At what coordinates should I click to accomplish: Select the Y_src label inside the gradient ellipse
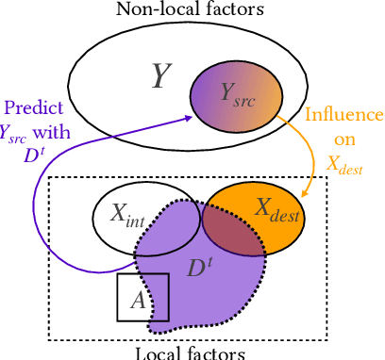click(236, 92)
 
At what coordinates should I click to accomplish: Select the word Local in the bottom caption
click(156, 352)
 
